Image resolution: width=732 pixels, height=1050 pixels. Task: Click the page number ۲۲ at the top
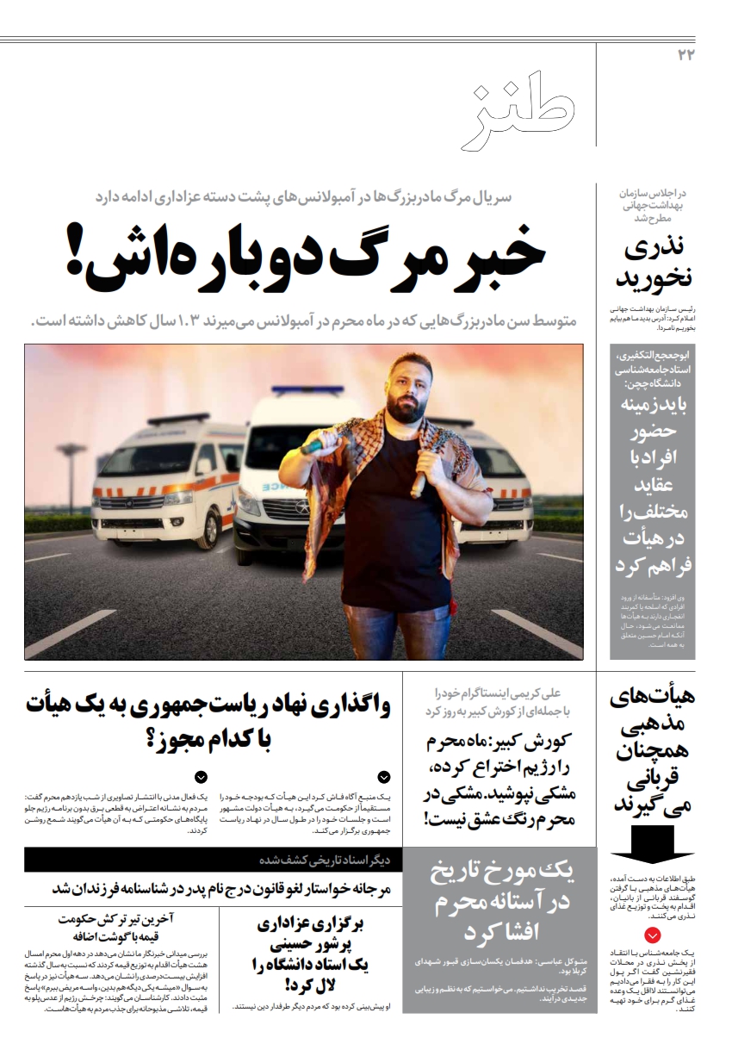click(686, 55)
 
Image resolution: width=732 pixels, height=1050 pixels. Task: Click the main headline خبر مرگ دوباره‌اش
click(305, 257)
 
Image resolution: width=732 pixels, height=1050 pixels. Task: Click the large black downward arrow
click(651, 842)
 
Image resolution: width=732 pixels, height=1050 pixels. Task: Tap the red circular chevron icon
click(654, 935)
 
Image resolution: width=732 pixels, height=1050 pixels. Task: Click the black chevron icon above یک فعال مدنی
click(201, 777)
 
